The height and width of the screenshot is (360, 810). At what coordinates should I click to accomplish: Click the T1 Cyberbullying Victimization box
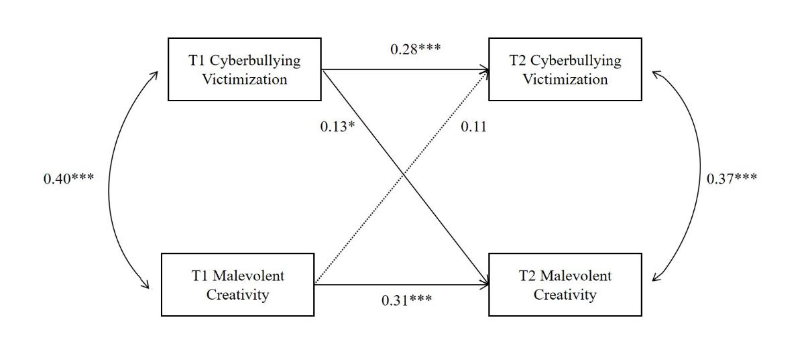(244, 69)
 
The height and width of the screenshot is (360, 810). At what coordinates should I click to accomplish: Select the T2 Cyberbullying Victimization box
(565, 69)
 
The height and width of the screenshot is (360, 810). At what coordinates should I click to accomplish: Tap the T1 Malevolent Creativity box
(237, 284)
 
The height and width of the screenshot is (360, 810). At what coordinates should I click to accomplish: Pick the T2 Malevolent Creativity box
(565, 284)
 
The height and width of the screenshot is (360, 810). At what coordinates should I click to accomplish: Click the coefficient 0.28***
(416, 49)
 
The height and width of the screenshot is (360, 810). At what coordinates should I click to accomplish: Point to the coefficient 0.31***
(406, 300)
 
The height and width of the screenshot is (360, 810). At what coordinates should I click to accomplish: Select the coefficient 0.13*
(337, 125)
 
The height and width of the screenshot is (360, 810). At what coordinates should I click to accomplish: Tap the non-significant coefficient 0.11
(473, 125)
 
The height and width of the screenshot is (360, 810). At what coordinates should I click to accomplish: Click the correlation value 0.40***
(68, 179)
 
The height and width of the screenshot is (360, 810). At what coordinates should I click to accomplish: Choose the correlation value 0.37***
(732, 178)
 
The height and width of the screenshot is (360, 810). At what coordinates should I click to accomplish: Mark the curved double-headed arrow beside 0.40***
(109, 179)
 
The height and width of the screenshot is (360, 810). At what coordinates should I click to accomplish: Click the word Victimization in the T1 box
(245, 79)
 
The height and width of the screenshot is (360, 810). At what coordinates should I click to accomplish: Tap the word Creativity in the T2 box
(565, 294)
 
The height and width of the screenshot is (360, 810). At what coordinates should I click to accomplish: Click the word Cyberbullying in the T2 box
(576, 60)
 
